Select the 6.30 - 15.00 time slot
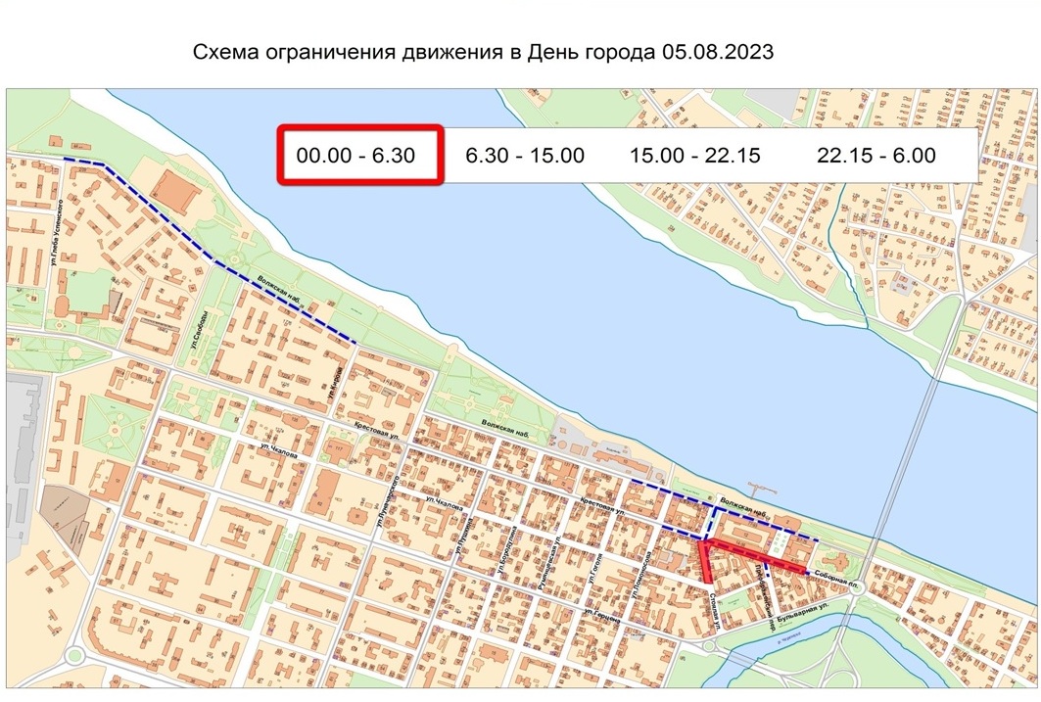point(525,155)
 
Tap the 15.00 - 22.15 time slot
point(694,155)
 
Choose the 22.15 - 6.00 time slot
point(876,155)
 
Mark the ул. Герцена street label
point(603,615)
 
